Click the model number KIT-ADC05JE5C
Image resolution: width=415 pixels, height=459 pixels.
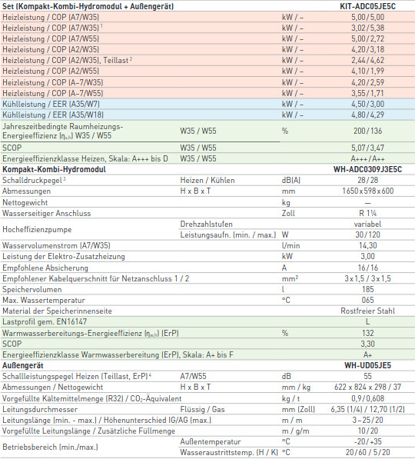pos(367,6)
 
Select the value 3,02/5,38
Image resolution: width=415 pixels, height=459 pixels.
pos(367,28)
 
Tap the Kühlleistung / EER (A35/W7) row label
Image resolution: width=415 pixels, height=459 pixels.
pos(51,104)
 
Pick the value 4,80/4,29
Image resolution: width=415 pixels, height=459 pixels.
pos(367,115)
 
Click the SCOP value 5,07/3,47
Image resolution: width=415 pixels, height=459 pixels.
pos(367,148)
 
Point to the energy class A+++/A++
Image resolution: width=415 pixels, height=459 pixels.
pos(367,158)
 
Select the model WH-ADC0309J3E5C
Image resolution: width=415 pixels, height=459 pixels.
pos(367,169)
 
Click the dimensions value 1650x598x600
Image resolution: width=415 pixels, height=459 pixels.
pos(367,191)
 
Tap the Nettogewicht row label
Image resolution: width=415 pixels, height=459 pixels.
pos(25,202)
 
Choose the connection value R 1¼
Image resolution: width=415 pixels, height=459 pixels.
pos(367,213)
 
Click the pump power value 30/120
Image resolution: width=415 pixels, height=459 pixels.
pos(367,234)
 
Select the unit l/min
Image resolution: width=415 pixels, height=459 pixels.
pos(291,245)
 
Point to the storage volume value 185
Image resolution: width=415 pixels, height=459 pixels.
pos(367,289)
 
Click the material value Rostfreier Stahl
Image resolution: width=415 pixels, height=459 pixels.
pos(367,311)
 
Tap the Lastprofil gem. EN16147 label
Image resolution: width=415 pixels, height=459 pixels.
pos(45,321)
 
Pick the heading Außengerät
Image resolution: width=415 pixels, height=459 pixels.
pos(23,365)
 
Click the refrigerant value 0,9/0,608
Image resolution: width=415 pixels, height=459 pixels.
pos(367,398)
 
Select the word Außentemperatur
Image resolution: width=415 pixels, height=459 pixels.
pos(211,441)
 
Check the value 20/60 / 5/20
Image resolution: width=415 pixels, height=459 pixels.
pos(367,452)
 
